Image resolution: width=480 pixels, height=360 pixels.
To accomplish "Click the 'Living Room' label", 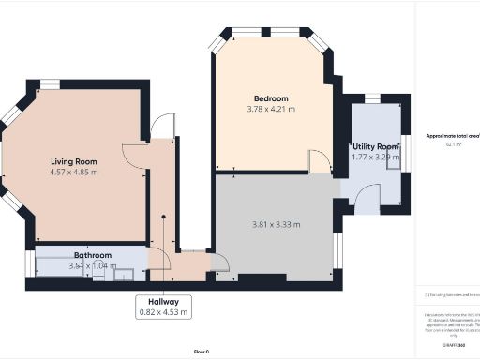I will click(74, 160).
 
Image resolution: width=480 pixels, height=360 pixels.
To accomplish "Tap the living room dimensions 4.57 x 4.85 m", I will click(74, 172).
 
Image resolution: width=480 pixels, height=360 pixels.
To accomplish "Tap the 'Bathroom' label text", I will click(93, 255).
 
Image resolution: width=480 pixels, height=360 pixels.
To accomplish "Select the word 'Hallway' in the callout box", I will click(163, 301).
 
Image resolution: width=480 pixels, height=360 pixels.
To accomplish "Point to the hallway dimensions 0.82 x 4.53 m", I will click(163, 312).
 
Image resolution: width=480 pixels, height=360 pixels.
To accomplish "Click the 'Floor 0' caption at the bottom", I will click(201, 351).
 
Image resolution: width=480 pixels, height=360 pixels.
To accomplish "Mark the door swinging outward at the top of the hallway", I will click(162, 127).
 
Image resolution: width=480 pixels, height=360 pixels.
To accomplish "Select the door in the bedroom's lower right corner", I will click(319, 161).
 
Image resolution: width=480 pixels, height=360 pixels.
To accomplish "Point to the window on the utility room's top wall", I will click(372, 97).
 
